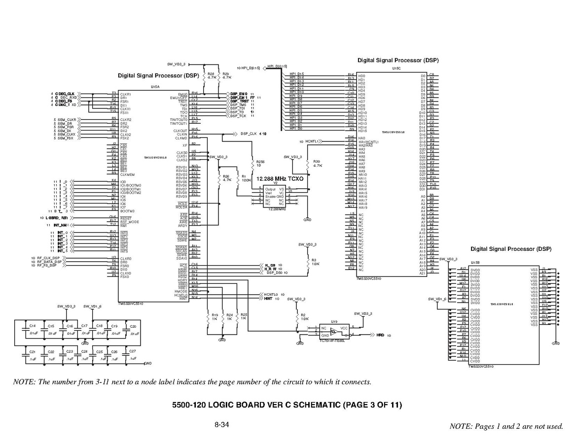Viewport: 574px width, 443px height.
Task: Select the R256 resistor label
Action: click(x=260, y=161)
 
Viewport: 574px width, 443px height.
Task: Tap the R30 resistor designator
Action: click(x=317, y=162)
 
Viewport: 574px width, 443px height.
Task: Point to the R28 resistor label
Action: click(x=212, y=73)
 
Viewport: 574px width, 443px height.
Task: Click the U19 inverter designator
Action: click(x=334, y=321)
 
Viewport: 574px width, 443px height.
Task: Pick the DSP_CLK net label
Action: click(x=249, y=134)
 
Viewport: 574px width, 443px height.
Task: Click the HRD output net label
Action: click(x=380, y=335)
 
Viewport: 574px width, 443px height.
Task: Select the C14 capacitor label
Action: click(x=33, y=326)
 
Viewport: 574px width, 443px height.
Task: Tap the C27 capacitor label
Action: click(x=132, y=351)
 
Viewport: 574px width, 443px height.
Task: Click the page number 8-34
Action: click(x=221, y=424)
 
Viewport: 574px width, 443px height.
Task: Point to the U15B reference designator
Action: click(x=475, y=263)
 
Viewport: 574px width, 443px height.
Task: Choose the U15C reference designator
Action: click(x=396, y=68)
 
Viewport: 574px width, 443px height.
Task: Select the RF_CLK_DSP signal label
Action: click(x=48, y=258)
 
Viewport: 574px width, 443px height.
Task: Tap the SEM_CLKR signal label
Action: click(x=67, y=120)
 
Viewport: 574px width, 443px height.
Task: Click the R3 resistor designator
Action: click(x=314, y=259)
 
